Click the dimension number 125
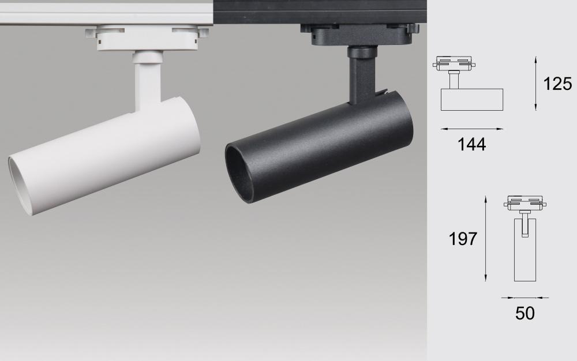(557, 84)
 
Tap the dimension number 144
(471, 145)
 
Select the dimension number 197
(463, 239)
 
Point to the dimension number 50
(524, 313)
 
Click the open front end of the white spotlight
(21, 185)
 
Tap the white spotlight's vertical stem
(148, 82)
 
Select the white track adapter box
(148, 37)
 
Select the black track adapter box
(359, 35)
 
